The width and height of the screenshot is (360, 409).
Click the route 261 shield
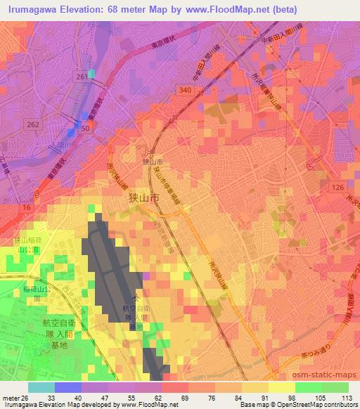(82, 76)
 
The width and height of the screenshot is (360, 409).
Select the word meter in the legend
(11, 397)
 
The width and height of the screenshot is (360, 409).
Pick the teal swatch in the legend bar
(41, 387)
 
